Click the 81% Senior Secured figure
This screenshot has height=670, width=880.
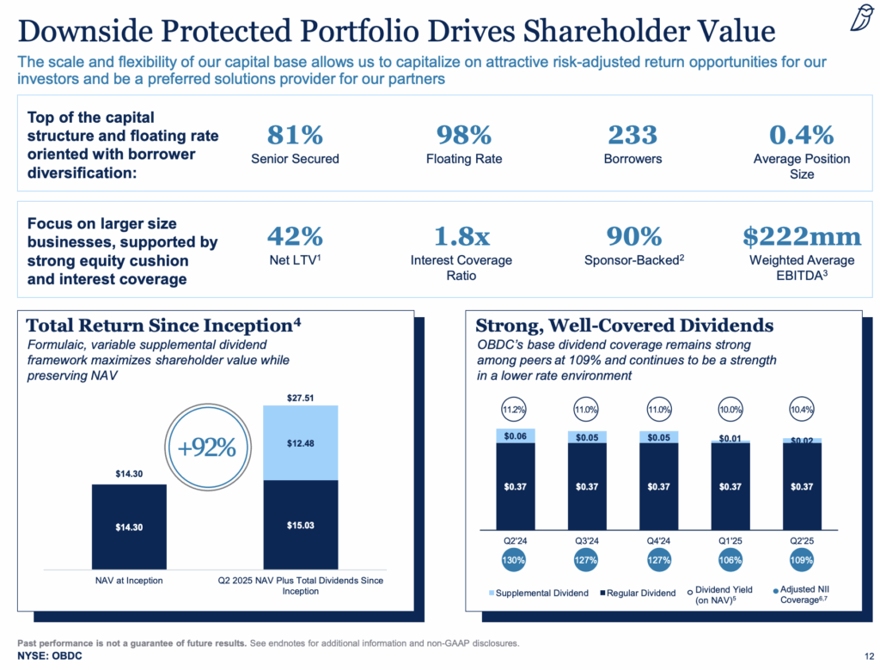(295, 135)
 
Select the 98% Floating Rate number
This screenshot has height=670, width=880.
(464, 135)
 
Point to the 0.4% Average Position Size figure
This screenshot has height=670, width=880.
(801, 135)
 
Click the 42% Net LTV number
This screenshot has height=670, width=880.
(295, 236)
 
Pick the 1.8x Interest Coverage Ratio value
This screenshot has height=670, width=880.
(464, 236)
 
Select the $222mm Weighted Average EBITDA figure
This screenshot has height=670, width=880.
(801, 236)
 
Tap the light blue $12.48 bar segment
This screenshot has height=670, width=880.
(300, 442)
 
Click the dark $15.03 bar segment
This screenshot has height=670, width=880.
(300, 524)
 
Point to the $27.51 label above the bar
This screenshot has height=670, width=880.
(300, 397)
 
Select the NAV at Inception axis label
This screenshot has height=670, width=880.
(129, 582)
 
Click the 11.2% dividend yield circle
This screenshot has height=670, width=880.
(515, 410)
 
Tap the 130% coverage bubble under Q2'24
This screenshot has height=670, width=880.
(515, 560)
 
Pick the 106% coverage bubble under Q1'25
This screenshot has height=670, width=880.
(731, 560)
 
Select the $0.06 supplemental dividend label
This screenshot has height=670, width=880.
(515, 435)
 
